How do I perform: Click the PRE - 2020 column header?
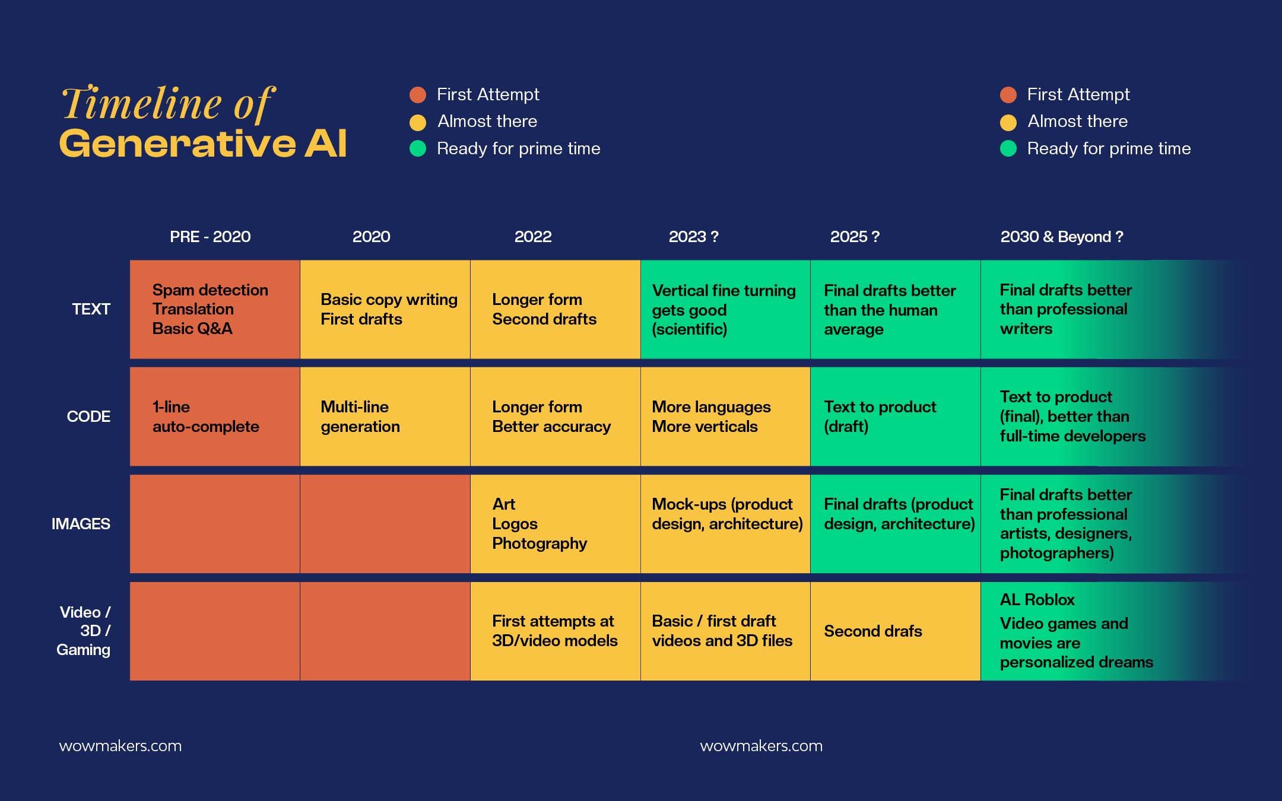210,237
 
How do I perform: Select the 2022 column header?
533,237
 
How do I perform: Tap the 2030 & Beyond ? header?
1061,237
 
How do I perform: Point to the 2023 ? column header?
693,237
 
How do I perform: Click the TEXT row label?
91,309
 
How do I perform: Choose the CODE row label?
88,417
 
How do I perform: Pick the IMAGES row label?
81,524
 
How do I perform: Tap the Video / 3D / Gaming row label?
84,631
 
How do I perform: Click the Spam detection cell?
215,309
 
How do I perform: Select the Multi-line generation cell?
385,417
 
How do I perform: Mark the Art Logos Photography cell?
555,524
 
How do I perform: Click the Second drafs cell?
895,631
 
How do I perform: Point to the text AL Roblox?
1037,600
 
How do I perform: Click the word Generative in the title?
177,144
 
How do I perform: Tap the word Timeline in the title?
141,103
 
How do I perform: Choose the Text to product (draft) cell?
895,417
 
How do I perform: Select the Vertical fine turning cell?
725,309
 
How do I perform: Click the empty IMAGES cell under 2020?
385,524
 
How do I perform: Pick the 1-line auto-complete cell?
215,417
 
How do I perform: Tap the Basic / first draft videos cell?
725,631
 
